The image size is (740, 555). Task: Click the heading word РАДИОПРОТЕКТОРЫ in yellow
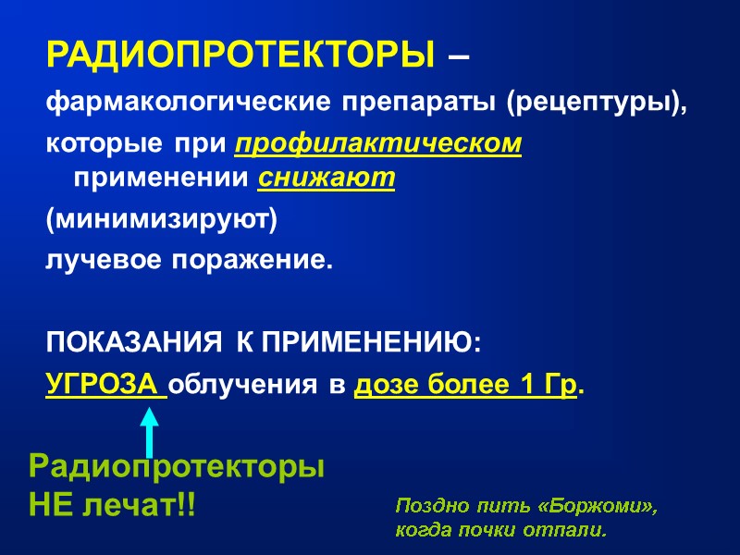[x=239, y=55]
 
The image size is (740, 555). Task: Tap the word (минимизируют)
[x=161, y=221]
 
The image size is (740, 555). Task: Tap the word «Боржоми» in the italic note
[x=598, y=507]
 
